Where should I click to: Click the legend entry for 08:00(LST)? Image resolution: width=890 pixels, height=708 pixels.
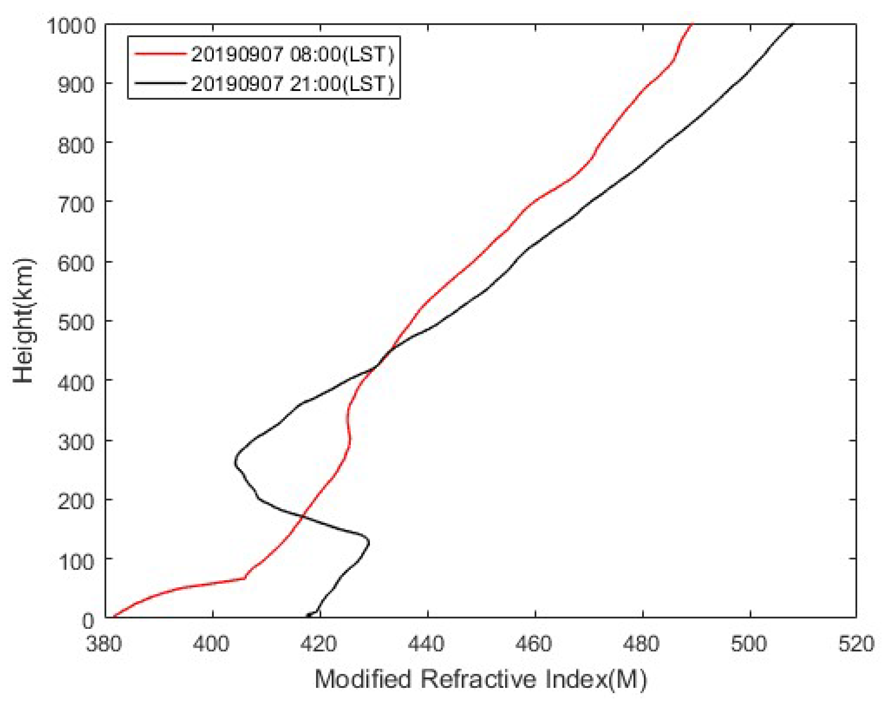[292, 54]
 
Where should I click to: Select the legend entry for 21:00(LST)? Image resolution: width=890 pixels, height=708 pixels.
[292, 83]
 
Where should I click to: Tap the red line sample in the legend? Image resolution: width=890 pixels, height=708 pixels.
[160, 54]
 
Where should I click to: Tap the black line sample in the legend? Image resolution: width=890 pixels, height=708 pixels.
[160, 83]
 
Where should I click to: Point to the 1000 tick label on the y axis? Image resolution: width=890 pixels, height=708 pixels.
[71, 26]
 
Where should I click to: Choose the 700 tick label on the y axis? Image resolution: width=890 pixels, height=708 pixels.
[76, 204]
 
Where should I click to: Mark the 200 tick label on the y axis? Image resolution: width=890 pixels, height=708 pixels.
[76, 501]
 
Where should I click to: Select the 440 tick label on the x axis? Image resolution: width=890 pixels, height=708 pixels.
[427, 644]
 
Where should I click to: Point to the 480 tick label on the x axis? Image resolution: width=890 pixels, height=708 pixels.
[642, 644]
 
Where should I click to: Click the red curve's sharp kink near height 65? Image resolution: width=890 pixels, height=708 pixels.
[244, 578]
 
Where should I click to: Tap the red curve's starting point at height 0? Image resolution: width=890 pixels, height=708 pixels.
[114, 617]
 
